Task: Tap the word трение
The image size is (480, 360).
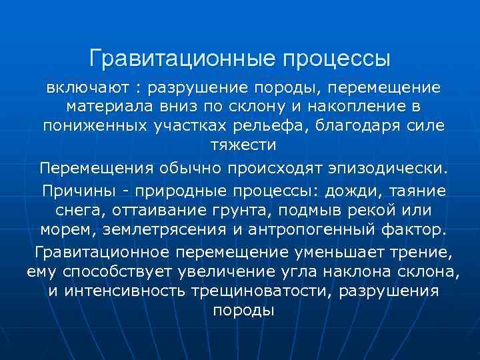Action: [x=420, y=252]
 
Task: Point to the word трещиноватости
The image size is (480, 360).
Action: [x=272, y=291]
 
